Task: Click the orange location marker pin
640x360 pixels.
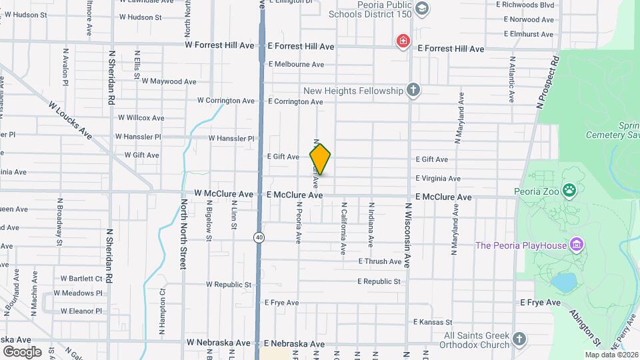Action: (x=320, y=159)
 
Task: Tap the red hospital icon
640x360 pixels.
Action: (x=403, y=42)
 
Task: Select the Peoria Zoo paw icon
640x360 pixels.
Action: (x=569, y=191)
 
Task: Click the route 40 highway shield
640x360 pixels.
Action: (x=258, y=237)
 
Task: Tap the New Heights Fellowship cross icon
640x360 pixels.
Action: (x=413, y=90)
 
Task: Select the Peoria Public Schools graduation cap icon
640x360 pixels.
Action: (x=421, y=8)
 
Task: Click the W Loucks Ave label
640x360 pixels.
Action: (x=70, y=119)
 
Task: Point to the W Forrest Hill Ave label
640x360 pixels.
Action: (x=219, y=46)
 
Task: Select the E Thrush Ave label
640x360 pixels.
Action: (x=379, y=262)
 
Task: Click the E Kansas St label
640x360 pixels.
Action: (x=432, y=322)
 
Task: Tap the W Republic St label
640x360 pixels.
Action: (x=228, y=284)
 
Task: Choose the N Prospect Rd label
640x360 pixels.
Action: (x=547, y=82)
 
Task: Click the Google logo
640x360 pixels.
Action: (x=22, y=351)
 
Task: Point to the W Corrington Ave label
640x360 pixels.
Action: (x=225, y=101)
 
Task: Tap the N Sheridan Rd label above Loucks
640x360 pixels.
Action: (x=111, y=77)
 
